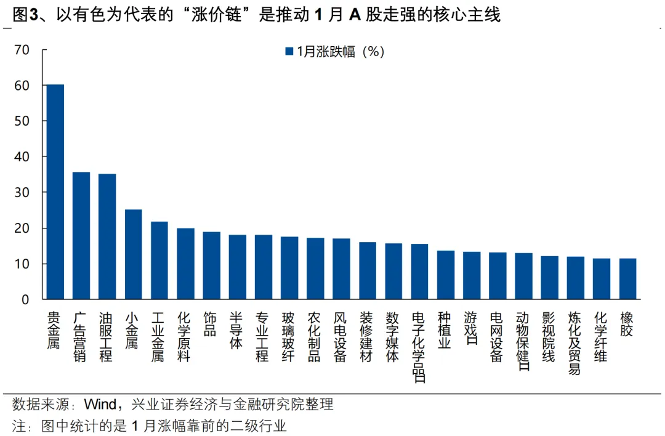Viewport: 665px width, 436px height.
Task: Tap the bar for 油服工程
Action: pos(107,236)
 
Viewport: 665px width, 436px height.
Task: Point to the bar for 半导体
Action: pos(237,267)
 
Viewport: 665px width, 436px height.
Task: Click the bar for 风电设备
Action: pos(341,269)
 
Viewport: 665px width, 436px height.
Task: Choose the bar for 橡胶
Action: pos(627,279)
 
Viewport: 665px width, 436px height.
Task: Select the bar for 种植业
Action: pos(445,275)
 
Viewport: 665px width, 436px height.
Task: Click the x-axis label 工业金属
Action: pos(158,337)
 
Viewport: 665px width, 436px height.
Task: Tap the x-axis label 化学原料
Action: pos(184,337)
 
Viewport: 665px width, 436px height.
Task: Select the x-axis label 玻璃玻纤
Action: pos(288,337)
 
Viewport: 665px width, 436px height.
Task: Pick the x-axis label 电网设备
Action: pos(497,337)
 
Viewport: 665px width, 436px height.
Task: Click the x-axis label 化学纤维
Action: pos(601,337)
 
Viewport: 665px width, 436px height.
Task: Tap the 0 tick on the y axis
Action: pos(25,300)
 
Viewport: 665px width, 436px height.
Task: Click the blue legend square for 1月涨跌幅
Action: pos(289,52)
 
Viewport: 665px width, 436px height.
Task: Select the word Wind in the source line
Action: pos(100,405)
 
